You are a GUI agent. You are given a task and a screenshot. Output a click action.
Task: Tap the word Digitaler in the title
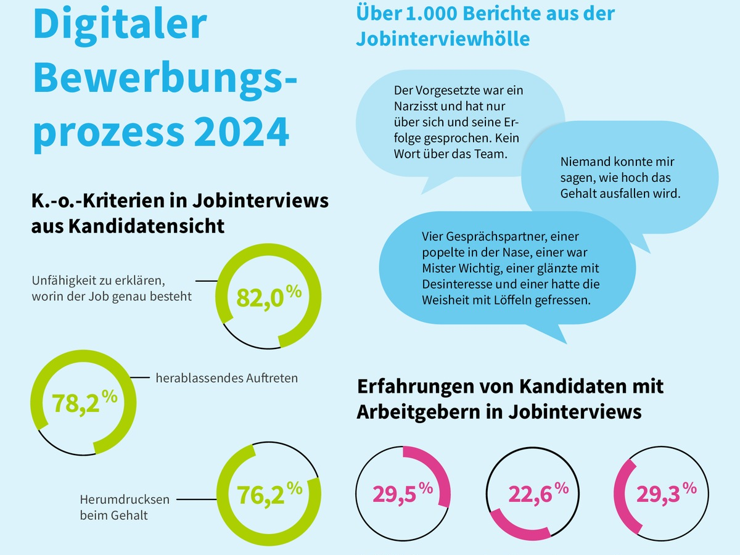(x=120, y=24)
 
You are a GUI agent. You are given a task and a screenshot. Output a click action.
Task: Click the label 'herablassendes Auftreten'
(x=226, y=378)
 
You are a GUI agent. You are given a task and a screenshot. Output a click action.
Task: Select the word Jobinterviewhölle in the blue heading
(x=443, y=39)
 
